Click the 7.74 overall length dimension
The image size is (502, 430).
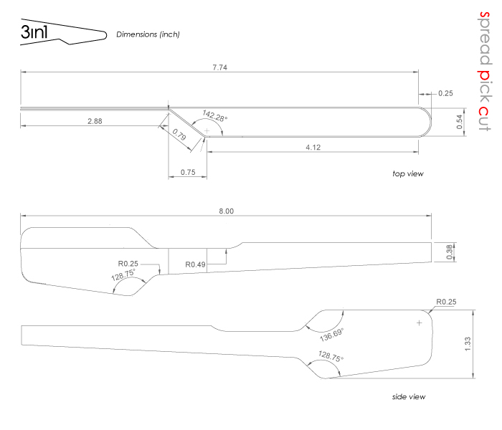click(x=220, y=67)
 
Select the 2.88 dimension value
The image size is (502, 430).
click(x=95, y=121)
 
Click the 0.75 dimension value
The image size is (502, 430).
click(x=188, y=172)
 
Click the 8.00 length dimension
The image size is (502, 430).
click(x=226, y=211)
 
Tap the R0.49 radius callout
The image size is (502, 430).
click(x=196, y=264)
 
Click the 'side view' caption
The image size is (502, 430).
click(x=406, y=396)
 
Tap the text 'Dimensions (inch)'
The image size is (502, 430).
click(x=148, y=34)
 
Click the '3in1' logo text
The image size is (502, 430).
click(x=35, y=32)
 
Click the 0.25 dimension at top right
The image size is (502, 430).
click(x=445, y=93)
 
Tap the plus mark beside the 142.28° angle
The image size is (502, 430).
click(x=207, y=130)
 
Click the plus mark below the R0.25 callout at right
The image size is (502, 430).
click(x=420, y=323)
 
